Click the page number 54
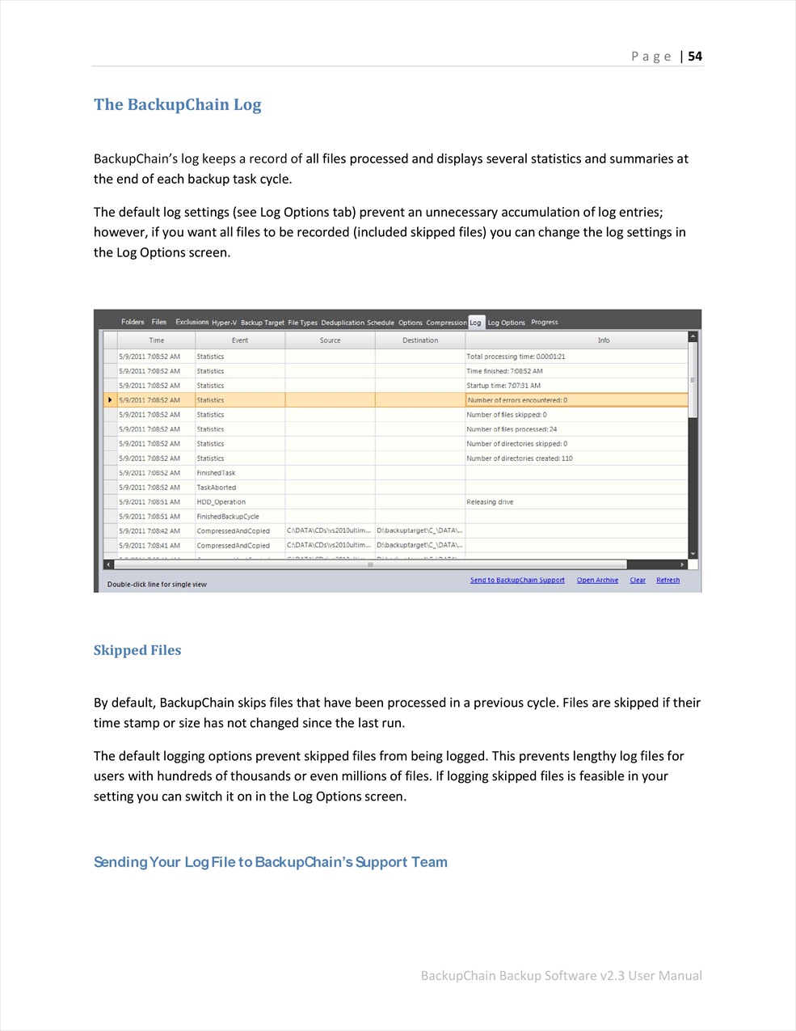point(695,56)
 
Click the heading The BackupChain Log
point(177,104)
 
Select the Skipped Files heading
point(137,650)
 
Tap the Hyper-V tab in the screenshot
point(224,323)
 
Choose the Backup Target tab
point(263,323)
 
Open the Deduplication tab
point(343,323)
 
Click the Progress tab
point(545,322)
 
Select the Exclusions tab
point(192,322)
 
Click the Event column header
point(240,340)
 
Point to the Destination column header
point(420,340)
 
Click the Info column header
point(604,340)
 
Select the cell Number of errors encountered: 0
point(517,400)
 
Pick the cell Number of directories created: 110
point(520,458)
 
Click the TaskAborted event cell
point(217,488)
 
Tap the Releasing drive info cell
point(490,502)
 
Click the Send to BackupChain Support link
point(517,580)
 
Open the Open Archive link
point(597,580)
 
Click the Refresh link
point(668,580)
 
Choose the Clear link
point(638,580)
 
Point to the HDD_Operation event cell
point(221,502)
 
